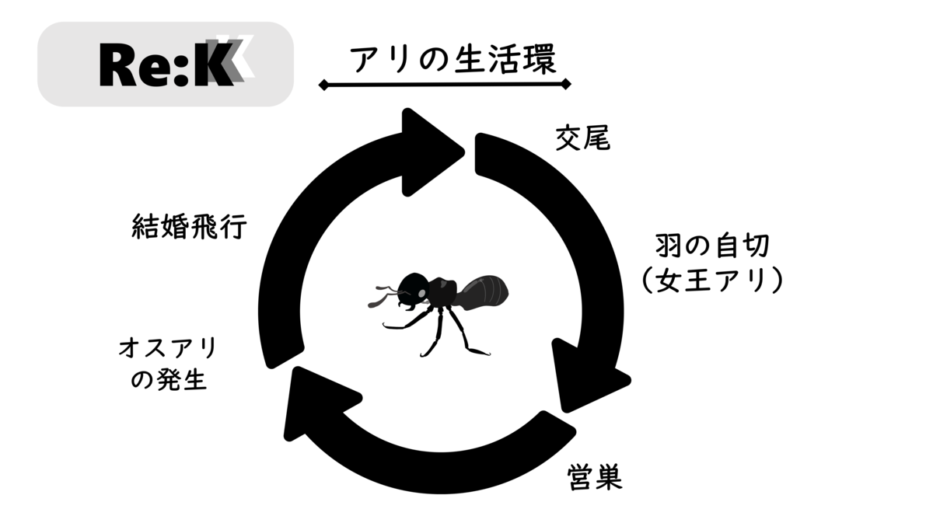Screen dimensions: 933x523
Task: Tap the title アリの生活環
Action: (x=453, y=60)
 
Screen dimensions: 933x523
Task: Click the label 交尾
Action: (x=582, y=138)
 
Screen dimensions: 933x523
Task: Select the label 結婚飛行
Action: (x=189, y=226)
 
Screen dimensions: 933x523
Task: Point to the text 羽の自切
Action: (x=713, y=246)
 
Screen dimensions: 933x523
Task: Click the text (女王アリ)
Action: (x=713, y=281)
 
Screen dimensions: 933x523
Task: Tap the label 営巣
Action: (x=595, y=477)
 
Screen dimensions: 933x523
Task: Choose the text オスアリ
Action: (x=167, y=347)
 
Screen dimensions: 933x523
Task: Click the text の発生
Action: (x=169, y=379)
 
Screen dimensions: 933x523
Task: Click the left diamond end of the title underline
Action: (x=323, y=85)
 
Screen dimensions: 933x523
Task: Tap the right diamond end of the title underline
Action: (x=566, y=84)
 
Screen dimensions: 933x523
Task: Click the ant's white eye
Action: (x=421, y=293)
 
